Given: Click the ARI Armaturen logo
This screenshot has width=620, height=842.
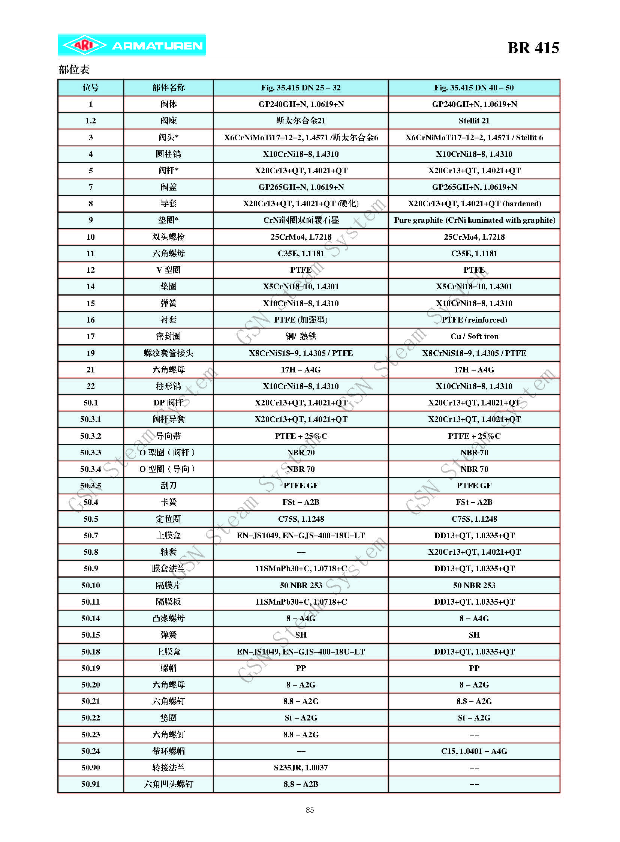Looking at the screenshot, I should tap(131, 45).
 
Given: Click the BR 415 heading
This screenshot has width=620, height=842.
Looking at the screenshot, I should tap(533, 48).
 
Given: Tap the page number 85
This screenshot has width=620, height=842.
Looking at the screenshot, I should tap(310, 810).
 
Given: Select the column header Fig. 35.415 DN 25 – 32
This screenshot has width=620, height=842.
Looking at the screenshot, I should tap(301, 88).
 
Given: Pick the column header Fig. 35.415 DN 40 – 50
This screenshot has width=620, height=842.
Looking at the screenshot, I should tap(474, 88).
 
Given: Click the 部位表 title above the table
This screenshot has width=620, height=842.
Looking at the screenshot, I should tap(74, 69).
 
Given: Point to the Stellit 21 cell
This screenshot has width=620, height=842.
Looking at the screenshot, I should tap(474, 121).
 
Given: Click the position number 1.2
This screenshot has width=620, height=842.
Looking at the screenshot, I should tap(90, 121).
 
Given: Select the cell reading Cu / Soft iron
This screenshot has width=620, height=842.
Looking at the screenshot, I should tap(475, 336).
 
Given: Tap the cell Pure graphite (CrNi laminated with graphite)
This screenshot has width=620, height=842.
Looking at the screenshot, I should tap(475, 221).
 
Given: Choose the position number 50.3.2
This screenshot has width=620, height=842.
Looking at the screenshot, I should tap(90, 436).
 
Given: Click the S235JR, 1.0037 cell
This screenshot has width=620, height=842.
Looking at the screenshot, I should tap(301, 768).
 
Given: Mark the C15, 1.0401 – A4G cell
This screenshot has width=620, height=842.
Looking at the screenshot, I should tap(474, 751).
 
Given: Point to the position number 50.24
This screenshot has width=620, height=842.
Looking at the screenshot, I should tap(90, 751).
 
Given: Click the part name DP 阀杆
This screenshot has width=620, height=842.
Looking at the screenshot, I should tap(168, 403).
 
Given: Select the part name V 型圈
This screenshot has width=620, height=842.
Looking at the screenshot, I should tap(168, 270).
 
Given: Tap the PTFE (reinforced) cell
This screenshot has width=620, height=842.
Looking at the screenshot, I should tap(474, 320).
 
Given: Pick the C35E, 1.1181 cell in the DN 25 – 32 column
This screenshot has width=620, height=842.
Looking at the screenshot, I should tap(301, 254).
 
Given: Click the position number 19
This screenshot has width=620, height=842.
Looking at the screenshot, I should tap(90, 353).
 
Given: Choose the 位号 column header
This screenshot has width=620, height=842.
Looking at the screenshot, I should tap(90, 88).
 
